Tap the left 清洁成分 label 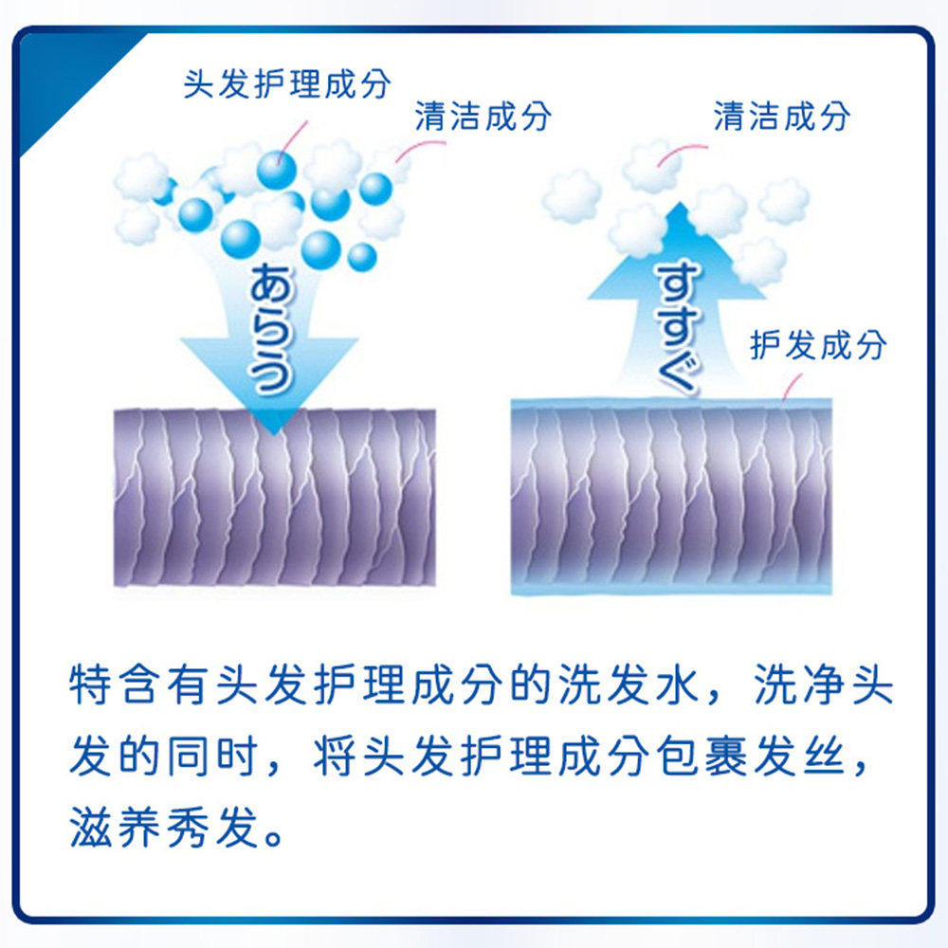(x=483, y=118)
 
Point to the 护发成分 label (x=817, y=346)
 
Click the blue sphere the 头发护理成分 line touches (x=276, y=170)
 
